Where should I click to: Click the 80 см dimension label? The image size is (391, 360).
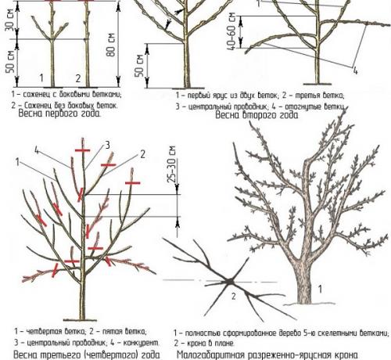[x=111, y=45]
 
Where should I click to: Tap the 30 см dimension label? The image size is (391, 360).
[x=10, y=20]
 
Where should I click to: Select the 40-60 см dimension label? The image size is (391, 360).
[x=233, y=31]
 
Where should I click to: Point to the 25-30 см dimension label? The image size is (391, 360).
[x=172, y=164]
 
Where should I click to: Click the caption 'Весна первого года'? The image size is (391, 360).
[x=59, y=113]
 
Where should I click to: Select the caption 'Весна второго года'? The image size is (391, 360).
[x=256, y=115]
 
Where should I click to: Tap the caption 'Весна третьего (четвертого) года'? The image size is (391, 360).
[x=86, y=355]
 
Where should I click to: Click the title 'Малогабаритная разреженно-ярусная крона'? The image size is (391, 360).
[x=267, y=355]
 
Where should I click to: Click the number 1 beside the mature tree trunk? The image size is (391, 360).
[x=321, y=289]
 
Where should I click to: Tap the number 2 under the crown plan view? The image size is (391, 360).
[x=234, y=296]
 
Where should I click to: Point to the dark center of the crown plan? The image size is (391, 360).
[x=230, y=282]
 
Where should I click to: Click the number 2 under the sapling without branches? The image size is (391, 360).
[x=78, y=78]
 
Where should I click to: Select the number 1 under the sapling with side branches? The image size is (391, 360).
[x=41, y=78]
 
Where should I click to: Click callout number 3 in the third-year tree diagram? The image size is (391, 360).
[x=107, y=145]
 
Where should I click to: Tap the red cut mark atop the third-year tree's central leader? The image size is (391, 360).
[x=83, y=150]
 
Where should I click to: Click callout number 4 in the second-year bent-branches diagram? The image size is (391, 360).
[x=355, y=70]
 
